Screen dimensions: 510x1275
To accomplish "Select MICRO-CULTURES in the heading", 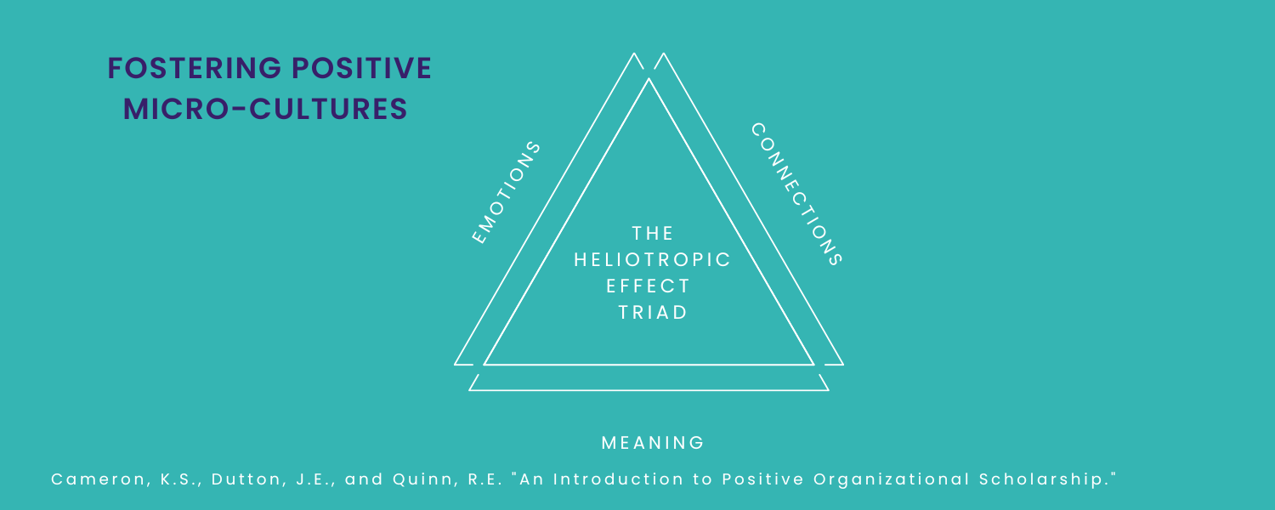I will (x=265, y=110).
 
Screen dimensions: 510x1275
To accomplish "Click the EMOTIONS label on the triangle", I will (x=507, y=193).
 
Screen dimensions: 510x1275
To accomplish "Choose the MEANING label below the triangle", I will (x=653, y=443).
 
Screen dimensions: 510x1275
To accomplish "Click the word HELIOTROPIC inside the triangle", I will (x=653, y=259).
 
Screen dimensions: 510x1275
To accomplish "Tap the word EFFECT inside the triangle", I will (x=649, y=286).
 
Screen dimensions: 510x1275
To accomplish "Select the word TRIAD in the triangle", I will (x=653, y=312).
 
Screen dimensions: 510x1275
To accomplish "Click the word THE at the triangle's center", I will (x=653, y=233).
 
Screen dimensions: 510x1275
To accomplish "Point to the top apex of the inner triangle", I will (x=649, y=80).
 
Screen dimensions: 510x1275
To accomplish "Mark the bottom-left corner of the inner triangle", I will (x=485, y=364).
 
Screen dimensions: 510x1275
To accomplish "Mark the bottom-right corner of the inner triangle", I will (x=813, y=364).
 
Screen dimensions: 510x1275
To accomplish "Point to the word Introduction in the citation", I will (x=613, y=479).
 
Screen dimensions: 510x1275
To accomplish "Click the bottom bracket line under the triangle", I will (x=649, y=390).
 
